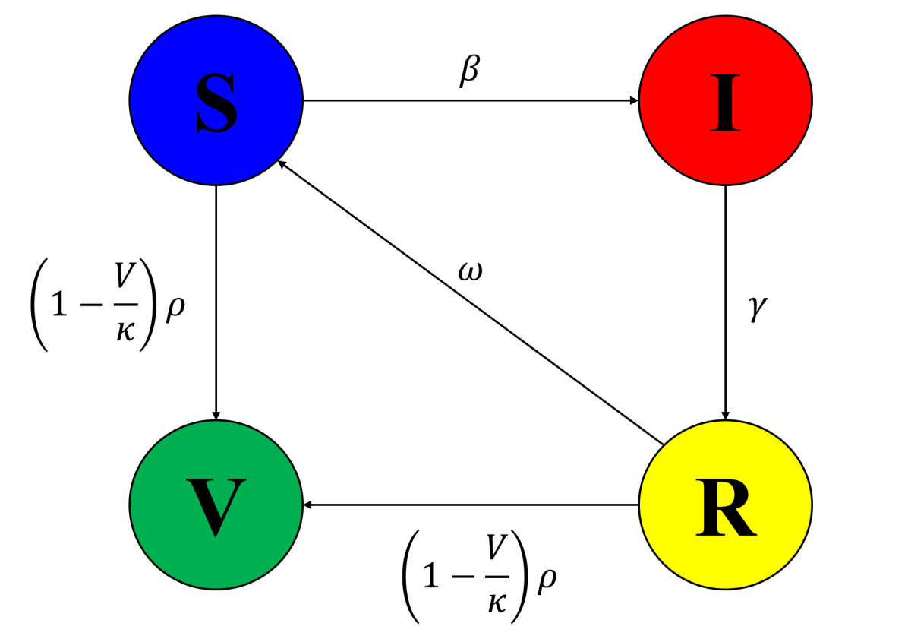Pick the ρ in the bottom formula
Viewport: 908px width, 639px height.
(546, 579)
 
